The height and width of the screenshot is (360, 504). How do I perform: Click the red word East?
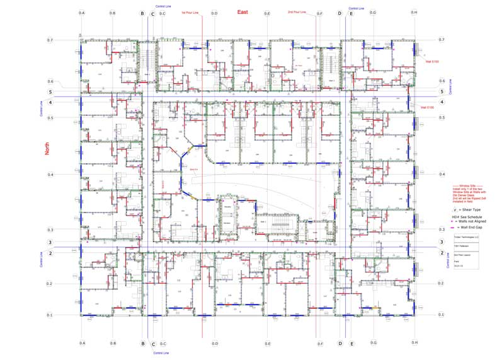point(243,12)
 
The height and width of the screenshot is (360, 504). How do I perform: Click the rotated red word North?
point(47,149)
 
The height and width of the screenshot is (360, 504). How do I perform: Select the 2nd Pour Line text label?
point(297,12)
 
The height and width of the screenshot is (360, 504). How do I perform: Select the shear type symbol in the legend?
point(455,209)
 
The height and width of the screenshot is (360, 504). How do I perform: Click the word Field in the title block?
point(457,260)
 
